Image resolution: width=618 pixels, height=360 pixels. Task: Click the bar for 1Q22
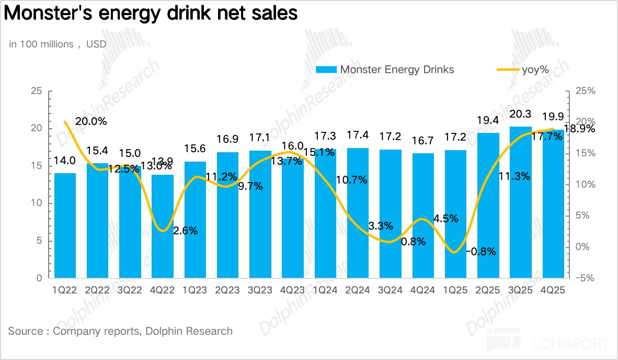coord(65,226)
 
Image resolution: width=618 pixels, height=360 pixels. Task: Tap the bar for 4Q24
coord(423,216)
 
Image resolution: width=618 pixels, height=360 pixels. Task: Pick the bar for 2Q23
coord(228,215)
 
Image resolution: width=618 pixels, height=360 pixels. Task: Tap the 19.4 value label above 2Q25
coord(488,121)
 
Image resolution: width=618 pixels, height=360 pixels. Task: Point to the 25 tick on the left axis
coord(36,91)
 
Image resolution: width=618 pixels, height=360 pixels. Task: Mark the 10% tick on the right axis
coord(585,185)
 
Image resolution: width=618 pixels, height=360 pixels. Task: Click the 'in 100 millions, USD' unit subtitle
coord(58,44)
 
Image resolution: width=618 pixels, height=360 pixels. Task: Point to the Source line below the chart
coord(120,331)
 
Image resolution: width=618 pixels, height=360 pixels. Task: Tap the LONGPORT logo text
coord(571,343)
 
